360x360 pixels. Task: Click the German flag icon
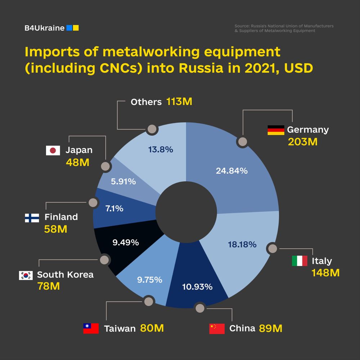click(276, 130)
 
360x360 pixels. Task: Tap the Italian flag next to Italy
click(300, 261)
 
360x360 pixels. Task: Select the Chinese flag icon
click(217, 329)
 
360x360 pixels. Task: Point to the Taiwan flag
click(91, 328)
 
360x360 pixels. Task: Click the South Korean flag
click(26, 275)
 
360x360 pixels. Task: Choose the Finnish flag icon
click(32, 218)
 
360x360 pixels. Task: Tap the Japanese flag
click(53, 150)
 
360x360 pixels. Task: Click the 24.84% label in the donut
click(231, 171)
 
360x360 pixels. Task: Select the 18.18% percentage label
click(242, 245)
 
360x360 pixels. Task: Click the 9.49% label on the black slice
click(126, 243)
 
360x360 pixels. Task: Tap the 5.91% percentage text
click(123, 182)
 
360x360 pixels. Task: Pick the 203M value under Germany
click(302, 142)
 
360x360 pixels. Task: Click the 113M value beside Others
click(179, 102)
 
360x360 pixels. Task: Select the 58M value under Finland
click(55, 229)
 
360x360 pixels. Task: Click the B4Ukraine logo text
click(44, 28)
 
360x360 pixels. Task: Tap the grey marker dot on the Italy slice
click(273, 249)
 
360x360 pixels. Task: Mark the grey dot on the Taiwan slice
click(148, 302)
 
